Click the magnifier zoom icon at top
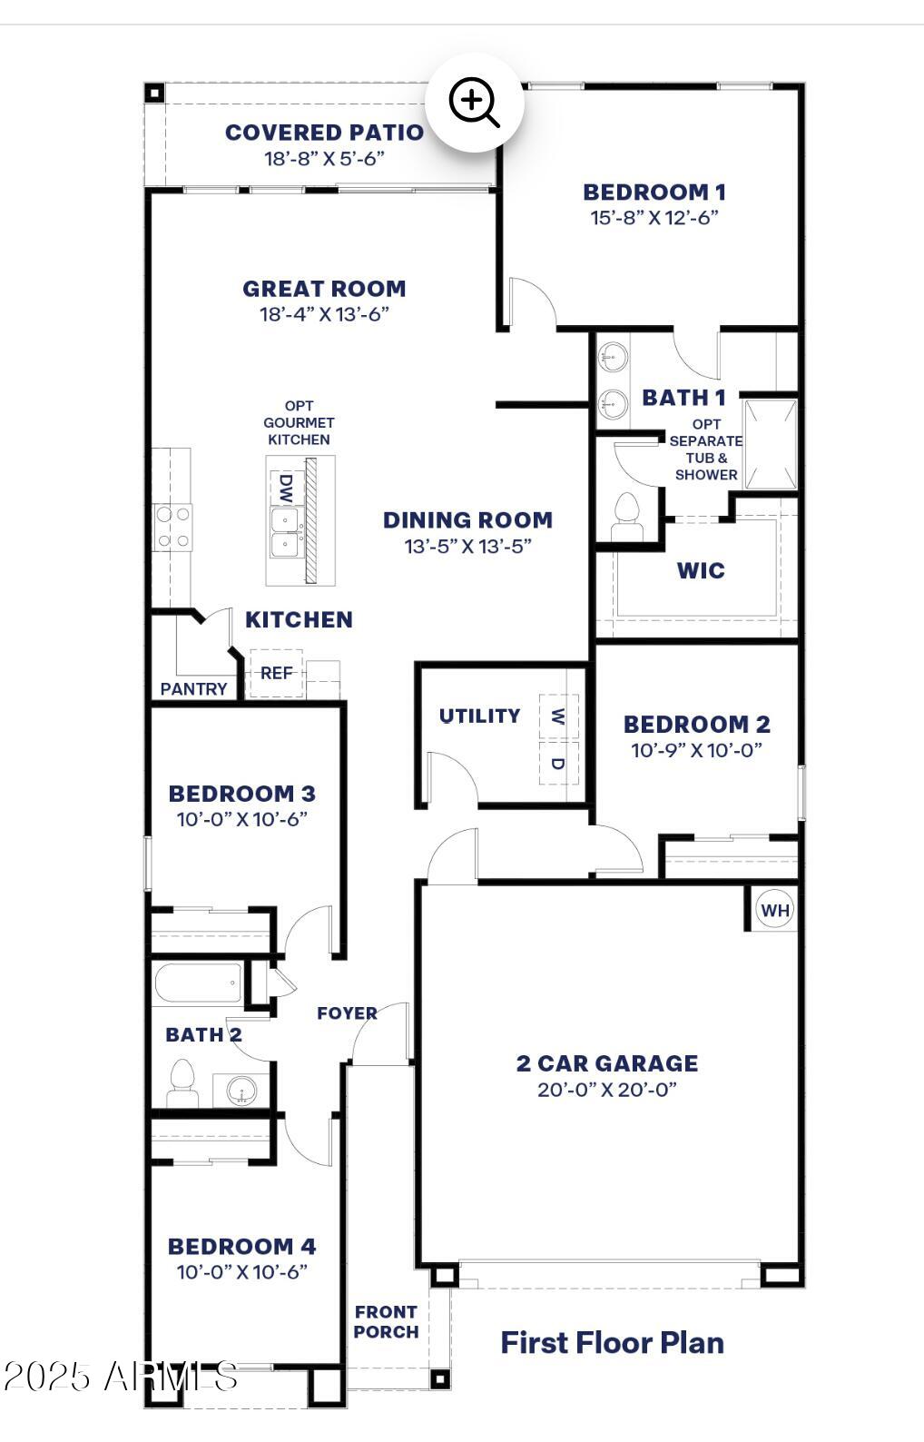click(475, 102)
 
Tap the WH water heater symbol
click(774, 910)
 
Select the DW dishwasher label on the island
click(286, 489)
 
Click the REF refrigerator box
click(276, 673)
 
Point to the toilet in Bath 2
click(182, 1082)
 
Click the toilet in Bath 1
click(625, 516)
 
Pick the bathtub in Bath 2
click(198, 983)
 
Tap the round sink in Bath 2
click(242, 1089)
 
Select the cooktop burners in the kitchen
click(172, 528)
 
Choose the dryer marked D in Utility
click(557, 764)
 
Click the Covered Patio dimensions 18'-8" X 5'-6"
click(324, 158)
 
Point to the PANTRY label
click(193, 689)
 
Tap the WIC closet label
click(701, 571)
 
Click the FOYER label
click(347, 1013)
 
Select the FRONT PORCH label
click(386, 1322)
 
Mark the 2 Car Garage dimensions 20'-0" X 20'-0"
click(607, 1090)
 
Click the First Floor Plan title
click(613, 1343)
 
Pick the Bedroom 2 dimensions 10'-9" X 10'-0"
click(696, 750)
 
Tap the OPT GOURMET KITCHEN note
click(299, 422)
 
